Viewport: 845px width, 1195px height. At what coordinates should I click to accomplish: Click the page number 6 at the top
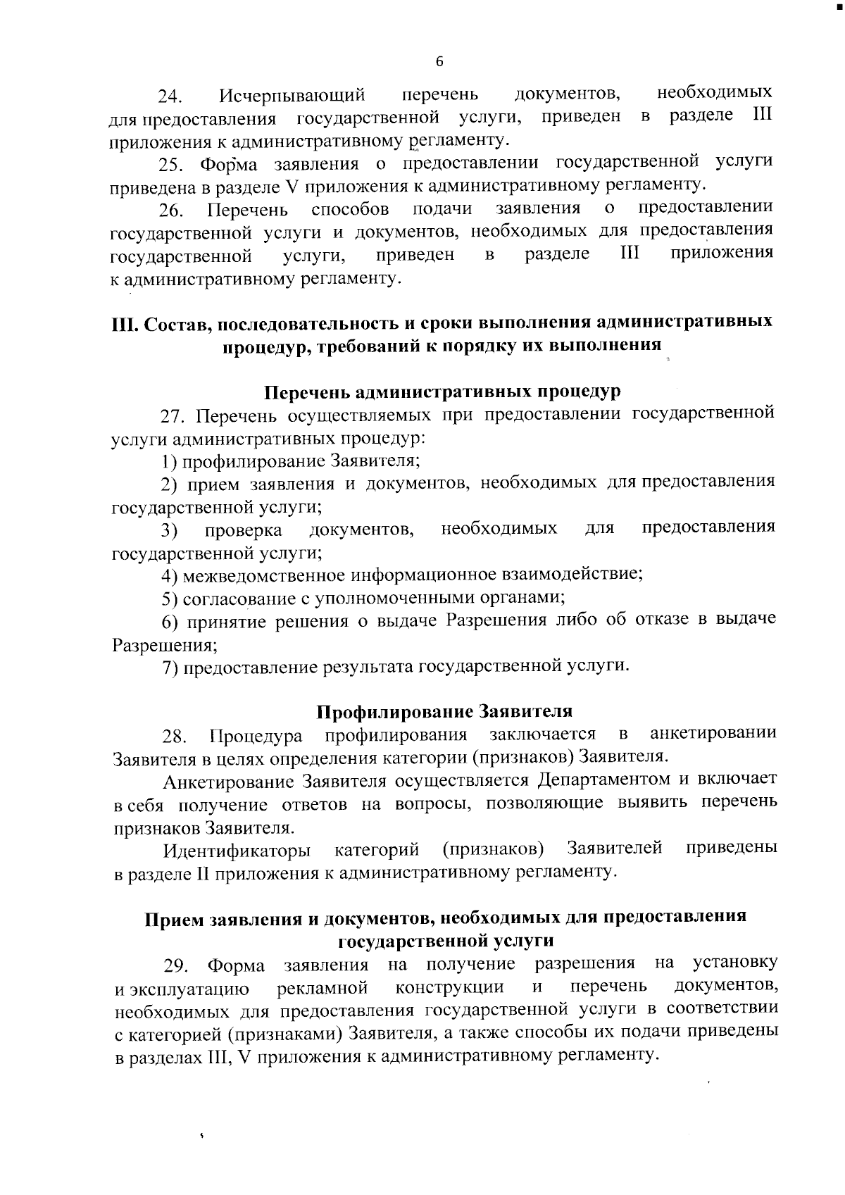click(440, 62)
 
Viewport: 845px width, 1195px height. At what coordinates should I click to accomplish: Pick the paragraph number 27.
click(174, 415)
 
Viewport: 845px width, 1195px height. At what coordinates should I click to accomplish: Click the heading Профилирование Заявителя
click(444, 711)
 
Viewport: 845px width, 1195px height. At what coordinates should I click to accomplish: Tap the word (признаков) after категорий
click(493, 849)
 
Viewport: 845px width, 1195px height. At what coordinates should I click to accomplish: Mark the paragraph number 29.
click(176, 965)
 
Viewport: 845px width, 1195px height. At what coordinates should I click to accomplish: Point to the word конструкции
click(449, 987)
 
